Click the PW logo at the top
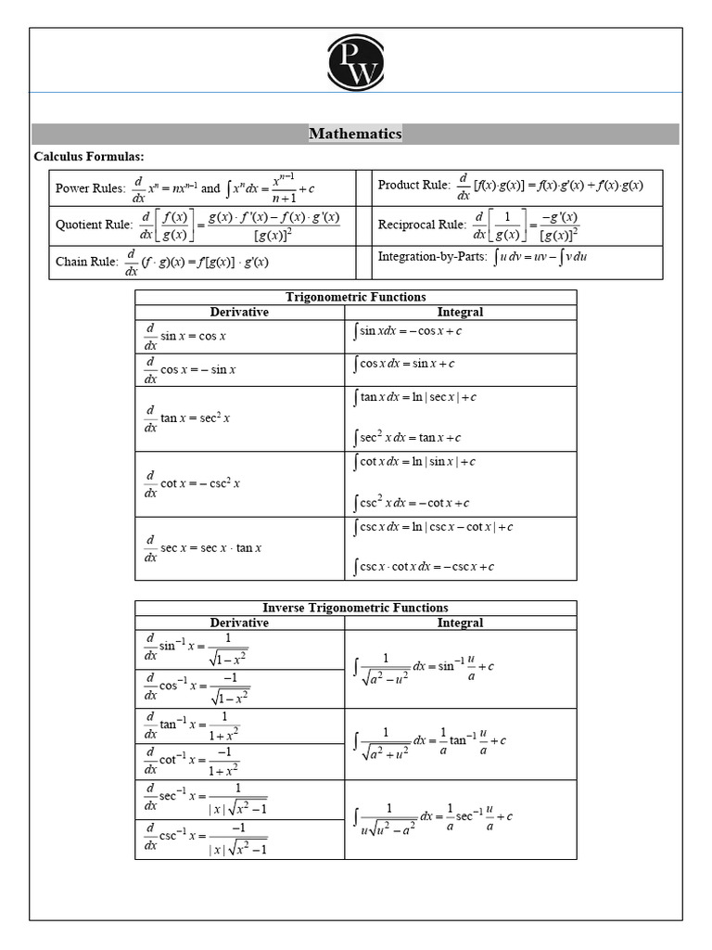tap(355, 62)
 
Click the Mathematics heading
tap(355, 134)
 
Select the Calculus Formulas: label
tap(89, 156)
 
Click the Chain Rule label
tap(86, 262)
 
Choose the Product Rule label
tap(413, 185)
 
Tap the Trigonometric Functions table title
tap(355, 297)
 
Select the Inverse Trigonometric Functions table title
tap(355, 608)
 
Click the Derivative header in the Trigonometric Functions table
tap(239, 312)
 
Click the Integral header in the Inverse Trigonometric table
tap(460, 623)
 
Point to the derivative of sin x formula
tap(185, 336)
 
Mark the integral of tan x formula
tap(414, 397)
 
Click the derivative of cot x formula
tap(191, 483)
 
